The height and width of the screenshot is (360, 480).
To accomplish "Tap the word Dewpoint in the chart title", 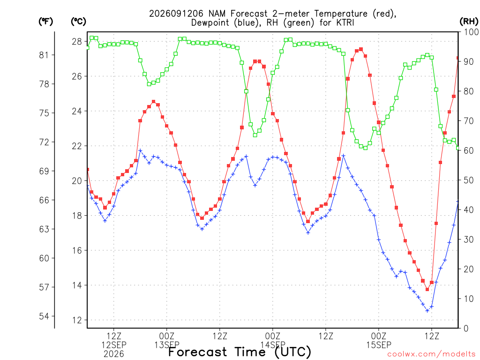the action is [x=210, y=23].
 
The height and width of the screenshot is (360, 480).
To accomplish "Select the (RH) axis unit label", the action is [x=469, y=22].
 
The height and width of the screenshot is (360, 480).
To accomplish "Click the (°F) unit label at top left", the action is [x=45, y=22].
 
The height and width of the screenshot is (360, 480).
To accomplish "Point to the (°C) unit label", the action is [x=78, y=22].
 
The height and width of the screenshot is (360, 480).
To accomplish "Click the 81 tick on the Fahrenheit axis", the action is [x=44, y=55].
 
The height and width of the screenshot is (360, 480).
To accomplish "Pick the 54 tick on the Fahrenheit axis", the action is [x=44, y=316].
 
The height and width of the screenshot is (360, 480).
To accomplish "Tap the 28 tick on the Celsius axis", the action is [x=77, y=41].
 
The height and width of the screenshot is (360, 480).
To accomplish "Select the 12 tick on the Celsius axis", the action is [x=77, y=320].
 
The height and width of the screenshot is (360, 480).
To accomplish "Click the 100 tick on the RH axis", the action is [x=471, y=32].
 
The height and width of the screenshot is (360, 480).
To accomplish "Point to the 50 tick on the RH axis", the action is [x=469, y=180].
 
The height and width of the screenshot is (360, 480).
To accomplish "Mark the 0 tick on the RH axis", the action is [x=466, y=329].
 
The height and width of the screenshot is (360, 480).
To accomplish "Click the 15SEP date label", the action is [x=379, y=345].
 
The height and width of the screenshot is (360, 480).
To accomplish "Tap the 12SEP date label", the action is [x=114, y=345].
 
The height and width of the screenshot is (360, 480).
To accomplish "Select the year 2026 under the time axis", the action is [x=114, y=354].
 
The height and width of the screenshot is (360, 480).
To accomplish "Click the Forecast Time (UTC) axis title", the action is [x=240, y=352].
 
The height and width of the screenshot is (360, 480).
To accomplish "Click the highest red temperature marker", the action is [x=361, y=49].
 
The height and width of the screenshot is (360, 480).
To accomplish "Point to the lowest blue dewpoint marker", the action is [x=427, y=311].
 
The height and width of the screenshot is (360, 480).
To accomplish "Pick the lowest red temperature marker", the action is [x=427, y=289].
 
